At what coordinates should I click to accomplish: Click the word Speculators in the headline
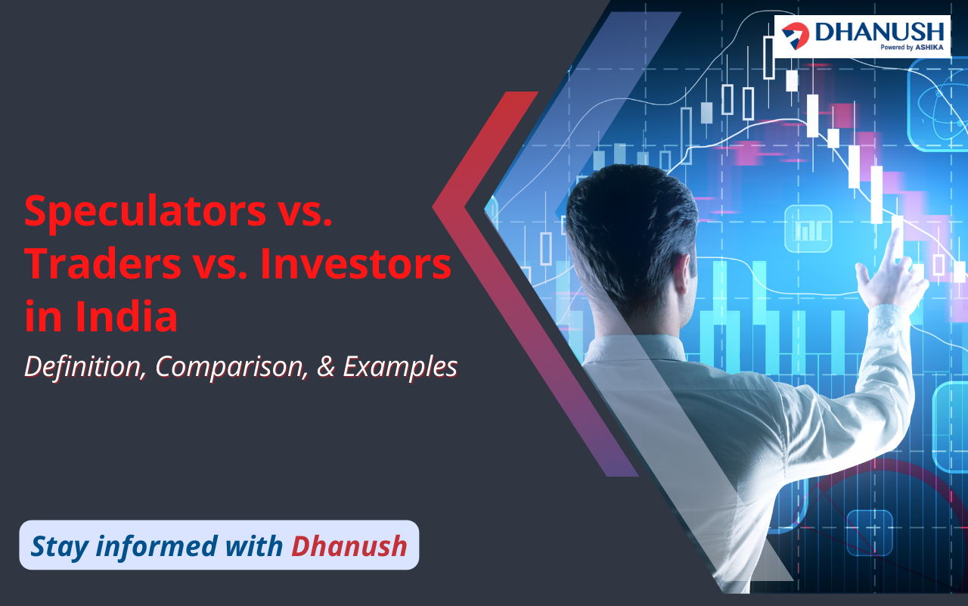tap(145, 212)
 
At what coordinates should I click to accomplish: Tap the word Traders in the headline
tap(103, 264)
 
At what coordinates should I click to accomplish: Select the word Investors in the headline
tap(355, 264)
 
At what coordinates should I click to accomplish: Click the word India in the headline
tap(126, 315)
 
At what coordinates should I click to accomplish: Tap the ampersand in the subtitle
tap(325, 366)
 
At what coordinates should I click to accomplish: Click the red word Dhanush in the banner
tap(349, 546)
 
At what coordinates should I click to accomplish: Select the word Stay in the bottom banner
tap(60, 547)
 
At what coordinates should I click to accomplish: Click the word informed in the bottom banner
tap(157, 546)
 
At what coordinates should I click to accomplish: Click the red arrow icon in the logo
tap(795, 36)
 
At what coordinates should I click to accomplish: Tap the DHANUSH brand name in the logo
tap(880, 32)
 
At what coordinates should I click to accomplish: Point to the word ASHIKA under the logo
tap(929, 48)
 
